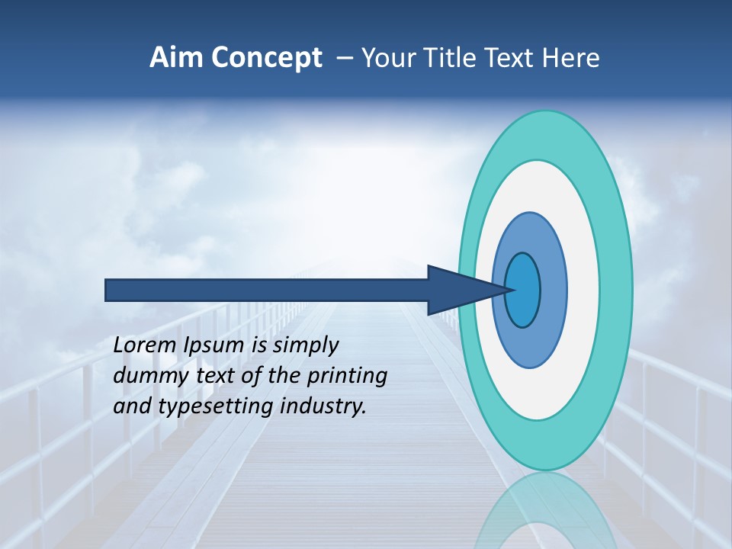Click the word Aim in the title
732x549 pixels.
(175, 58)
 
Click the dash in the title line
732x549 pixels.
(344, 59)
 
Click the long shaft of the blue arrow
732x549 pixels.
(267, 290)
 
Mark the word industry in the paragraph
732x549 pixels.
(323, 406)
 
